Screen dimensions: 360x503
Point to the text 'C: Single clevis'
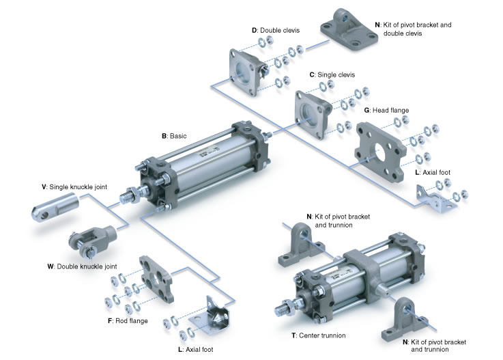coord(332,74)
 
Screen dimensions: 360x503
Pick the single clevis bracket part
coord(312,111)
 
